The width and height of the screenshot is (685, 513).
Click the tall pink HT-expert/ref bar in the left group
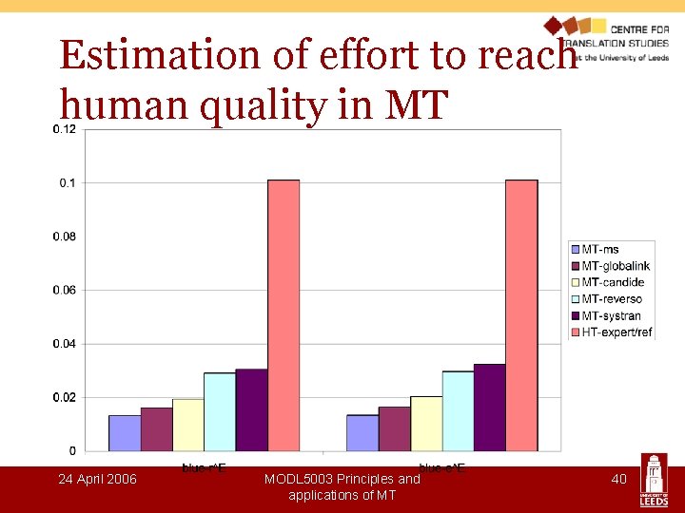click(x=284, y=313)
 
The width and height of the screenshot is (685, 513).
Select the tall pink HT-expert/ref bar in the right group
click(x=521, y=313)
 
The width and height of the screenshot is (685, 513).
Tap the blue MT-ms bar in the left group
click(x=125, y=432)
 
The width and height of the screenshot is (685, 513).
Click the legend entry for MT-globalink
click(x=615, y=266)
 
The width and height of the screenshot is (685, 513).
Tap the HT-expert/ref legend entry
click(x=616, y=332)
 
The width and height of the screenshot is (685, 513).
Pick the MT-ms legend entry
click(x=599, y=250)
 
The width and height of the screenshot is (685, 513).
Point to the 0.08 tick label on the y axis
click(x=65, y=237)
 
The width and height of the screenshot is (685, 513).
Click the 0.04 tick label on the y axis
click(x=65, y=344)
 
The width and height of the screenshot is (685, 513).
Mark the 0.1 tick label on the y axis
click(x=68, y=182)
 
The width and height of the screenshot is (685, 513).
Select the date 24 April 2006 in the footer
click(x=97, y=479)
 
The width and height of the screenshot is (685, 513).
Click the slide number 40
click(x=618, y=479)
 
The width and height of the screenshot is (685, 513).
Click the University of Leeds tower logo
click(x=656, y=481)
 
